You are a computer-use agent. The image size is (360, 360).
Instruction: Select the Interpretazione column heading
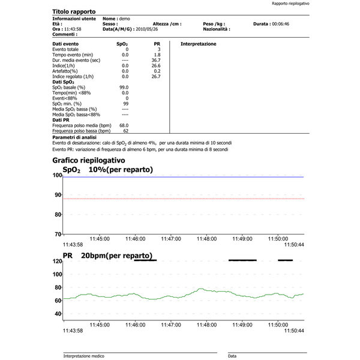click(199, 44)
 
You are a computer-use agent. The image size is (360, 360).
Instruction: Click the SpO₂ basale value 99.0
click(125, 87)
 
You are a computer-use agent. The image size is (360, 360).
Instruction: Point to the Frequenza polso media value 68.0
click(124, 125)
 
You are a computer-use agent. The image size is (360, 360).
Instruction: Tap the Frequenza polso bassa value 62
click(125, 130)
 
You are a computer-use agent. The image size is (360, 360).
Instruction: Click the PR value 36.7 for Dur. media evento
click(156, 60)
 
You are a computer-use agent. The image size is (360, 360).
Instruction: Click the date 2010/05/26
click(146, 28)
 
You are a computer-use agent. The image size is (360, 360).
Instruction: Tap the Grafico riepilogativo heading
click(88, 160)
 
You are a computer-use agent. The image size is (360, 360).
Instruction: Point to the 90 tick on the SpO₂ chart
click(58, 195)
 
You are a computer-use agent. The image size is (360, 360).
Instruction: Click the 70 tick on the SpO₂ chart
click(58, 234)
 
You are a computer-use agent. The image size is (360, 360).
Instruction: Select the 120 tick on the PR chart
click(58, 262)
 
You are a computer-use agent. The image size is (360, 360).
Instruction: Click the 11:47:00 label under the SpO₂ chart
click(172, 238)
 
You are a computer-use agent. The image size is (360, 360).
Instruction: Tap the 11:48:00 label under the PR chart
click(207, 325)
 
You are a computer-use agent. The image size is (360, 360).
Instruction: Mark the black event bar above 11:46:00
click(145, 260)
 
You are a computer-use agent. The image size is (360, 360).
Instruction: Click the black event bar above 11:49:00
click(242, 260)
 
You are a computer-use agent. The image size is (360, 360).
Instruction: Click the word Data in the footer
click(232, 356)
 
